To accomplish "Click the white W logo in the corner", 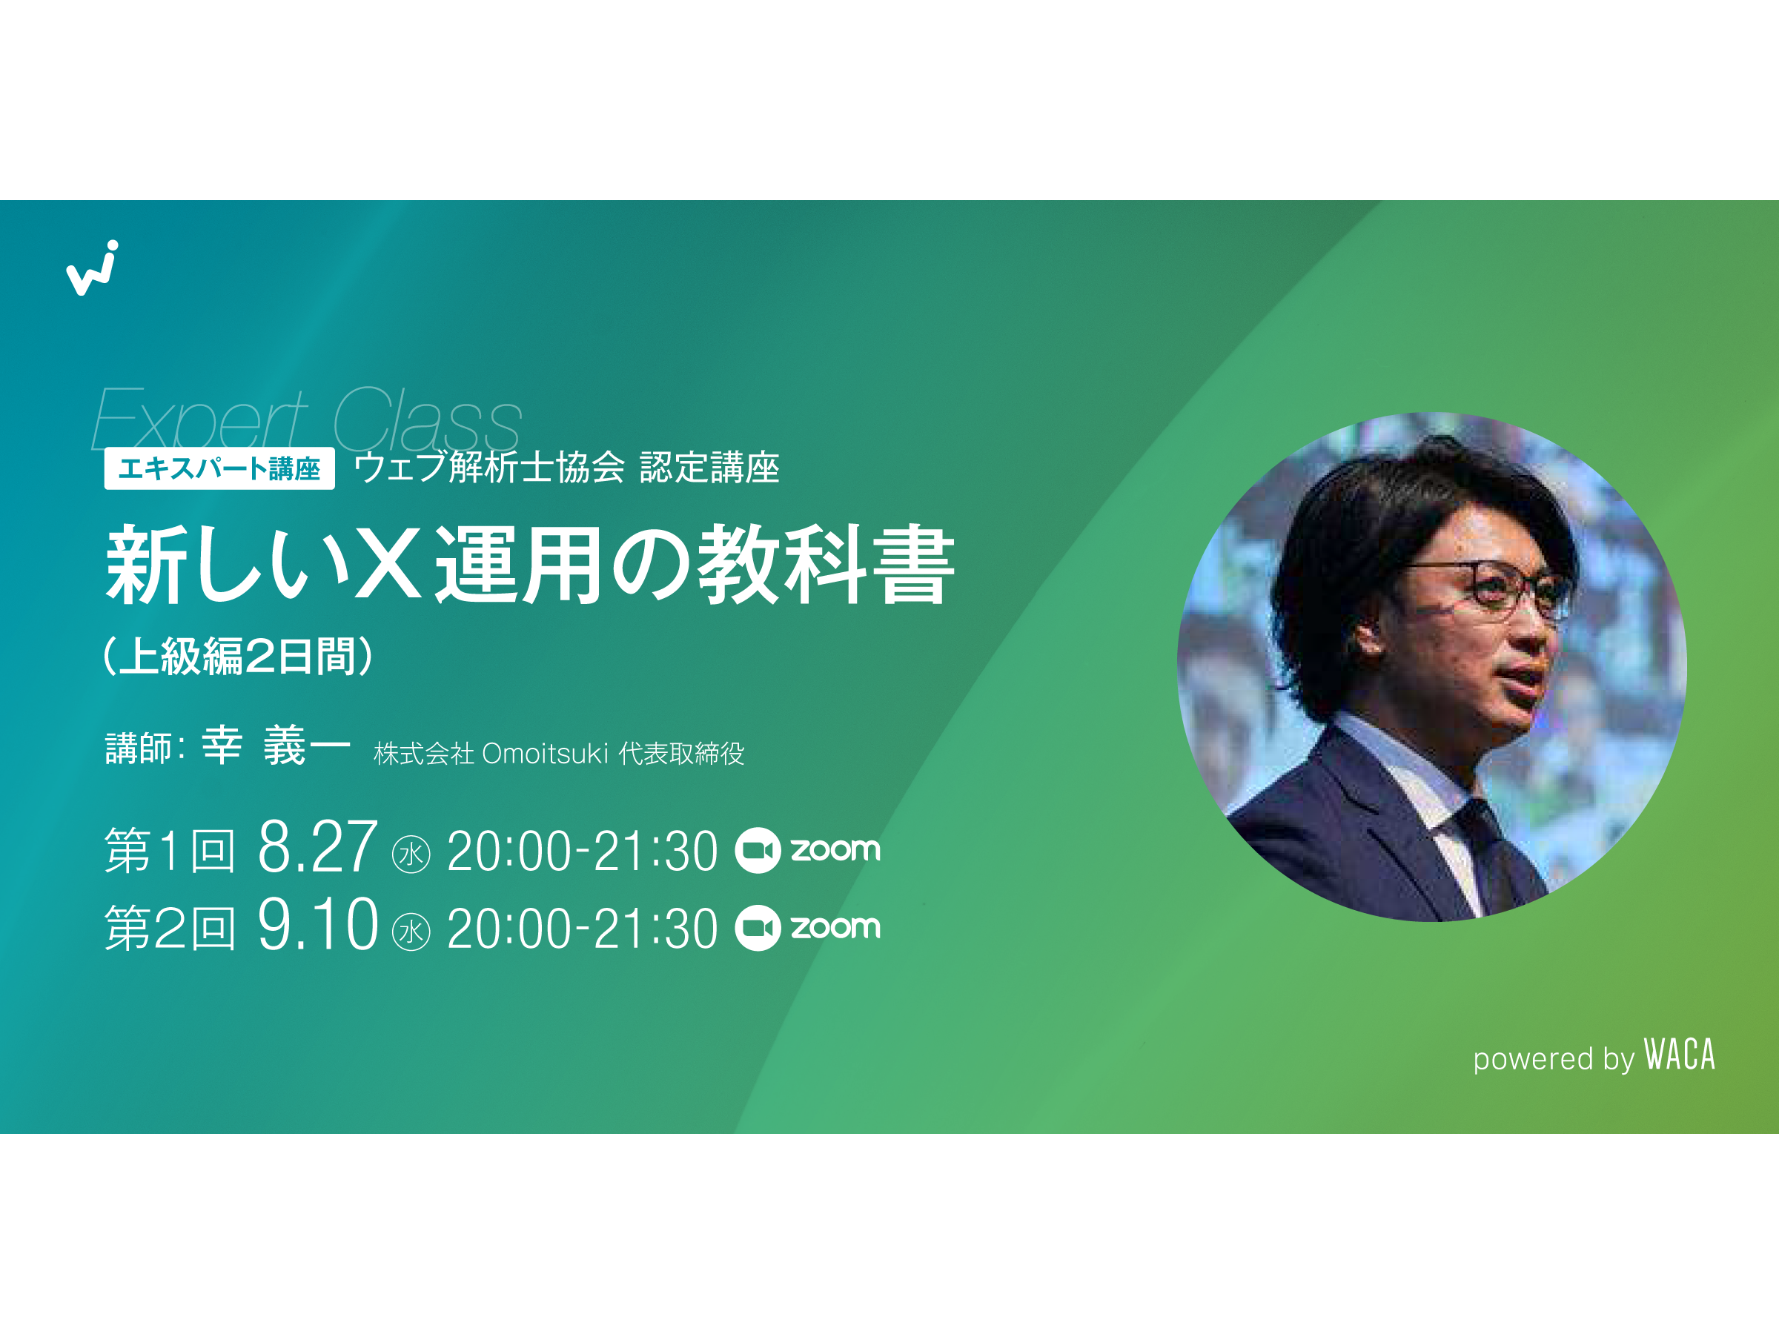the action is (x=93, y=268).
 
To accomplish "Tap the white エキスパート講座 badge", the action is (x=219, y=468).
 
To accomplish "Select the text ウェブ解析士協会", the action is (x=489, y=467).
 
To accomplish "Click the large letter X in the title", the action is (x=388, y=564).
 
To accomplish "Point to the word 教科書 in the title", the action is (x=826, y=564).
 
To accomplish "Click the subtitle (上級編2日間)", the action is (x=238, y=655).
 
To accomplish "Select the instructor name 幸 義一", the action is (x=276, y=745).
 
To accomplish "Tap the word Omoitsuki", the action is (x=546, y=754).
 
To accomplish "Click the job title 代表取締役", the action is (x=682, y=754).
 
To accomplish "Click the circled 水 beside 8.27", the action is (x=411, y=854).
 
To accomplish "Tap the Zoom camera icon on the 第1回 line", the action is (x=758, y=851).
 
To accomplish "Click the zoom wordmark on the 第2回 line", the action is (x=835, y=927).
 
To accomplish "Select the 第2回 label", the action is (x=170, y=928).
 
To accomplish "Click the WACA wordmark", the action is (x=1678, y=1055).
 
